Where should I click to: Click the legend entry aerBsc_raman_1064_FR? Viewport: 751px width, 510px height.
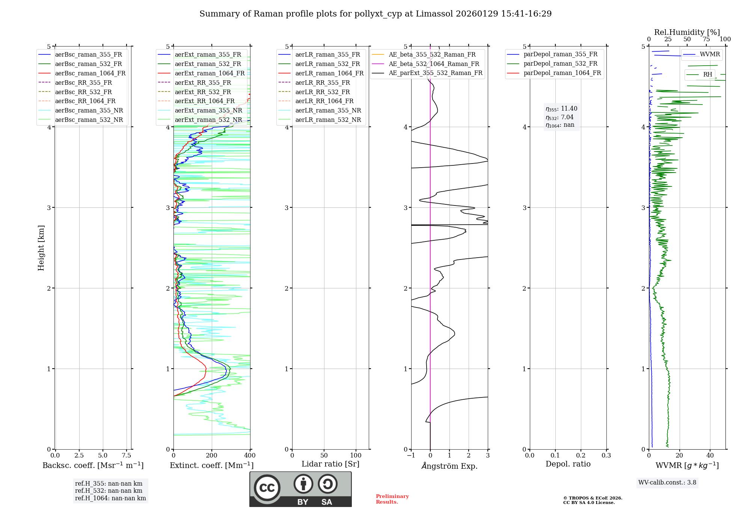point(90,73)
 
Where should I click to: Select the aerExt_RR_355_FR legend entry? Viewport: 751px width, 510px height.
point(203,82)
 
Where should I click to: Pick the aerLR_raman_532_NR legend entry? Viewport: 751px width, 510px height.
point(328,120)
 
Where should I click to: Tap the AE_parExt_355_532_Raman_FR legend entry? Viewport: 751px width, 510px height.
point(435,73)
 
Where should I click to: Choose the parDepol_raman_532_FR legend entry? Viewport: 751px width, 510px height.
point(560,64)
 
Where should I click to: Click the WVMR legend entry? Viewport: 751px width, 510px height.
point(709,54)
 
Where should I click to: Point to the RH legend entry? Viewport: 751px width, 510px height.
point(707,75)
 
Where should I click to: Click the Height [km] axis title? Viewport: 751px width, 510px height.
point(41,248)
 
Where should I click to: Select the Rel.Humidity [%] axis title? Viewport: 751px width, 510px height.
point(687,32)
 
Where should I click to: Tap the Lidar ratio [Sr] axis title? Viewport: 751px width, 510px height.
point(330,464)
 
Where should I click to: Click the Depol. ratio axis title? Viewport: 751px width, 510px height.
point(568,464)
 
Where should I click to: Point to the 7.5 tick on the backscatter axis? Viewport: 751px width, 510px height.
point(127,455)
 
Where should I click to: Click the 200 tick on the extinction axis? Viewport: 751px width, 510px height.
point(212,455)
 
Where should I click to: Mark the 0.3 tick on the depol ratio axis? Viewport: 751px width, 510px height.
point(606,455)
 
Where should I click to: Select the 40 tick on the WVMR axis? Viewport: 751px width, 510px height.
point(710,455)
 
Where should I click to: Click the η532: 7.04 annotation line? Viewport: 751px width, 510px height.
point(559,117)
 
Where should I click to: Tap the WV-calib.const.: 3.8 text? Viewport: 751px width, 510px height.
point(667,482)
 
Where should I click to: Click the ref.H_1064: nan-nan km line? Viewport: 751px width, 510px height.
point(110,498)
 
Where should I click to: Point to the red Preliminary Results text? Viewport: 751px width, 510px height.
point(392,499)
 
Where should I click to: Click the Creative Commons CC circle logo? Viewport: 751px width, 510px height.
point(267,487)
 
